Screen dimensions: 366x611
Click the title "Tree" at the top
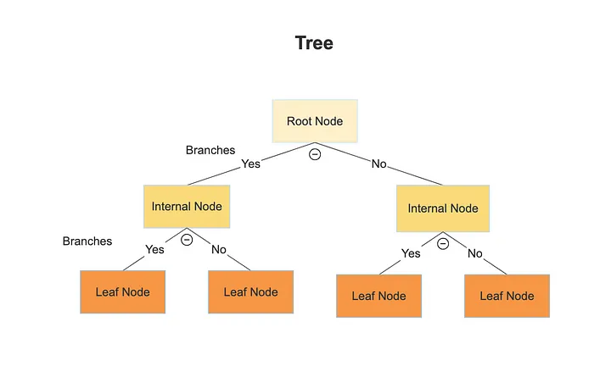click(314, 43)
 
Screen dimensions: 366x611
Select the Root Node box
click(315, 121)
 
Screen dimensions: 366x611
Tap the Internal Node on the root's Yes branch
click(187, 207)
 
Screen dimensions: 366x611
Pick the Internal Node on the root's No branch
click(443, 208)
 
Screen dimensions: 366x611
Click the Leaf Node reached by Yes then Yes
click(123, 292)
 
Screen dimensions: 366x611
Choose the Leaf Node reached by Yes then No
click(250, 292)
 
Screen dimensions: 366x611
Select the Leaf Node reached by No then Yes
click(378, 296)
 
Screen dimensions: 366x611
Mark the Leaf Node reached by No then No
click(507, 296)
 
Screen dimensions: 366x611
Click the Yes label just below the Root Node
click(250, 164)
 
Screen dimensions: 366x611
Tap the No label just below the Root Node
click(378, 164)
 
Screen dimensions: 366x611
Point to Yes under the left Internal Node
click(154, 249)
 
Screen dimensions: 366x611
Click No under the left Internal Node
click(219, 249)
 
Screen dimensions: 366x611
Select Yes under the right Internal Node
click(411, 252)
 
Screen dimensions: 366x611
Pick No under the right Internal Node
click(475, 252)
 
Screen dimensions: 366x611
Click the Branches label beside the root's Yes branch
click(210, 150)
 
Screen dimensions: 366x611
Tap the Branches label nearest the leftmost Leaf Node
click(87, 241)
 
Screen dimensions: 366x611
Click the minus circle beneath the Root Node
click(315, 154)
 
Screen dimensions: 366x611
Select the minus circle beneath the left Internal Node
click(187, 240)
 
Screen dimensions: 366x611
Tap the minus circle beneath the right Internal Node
click(443, 243)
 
